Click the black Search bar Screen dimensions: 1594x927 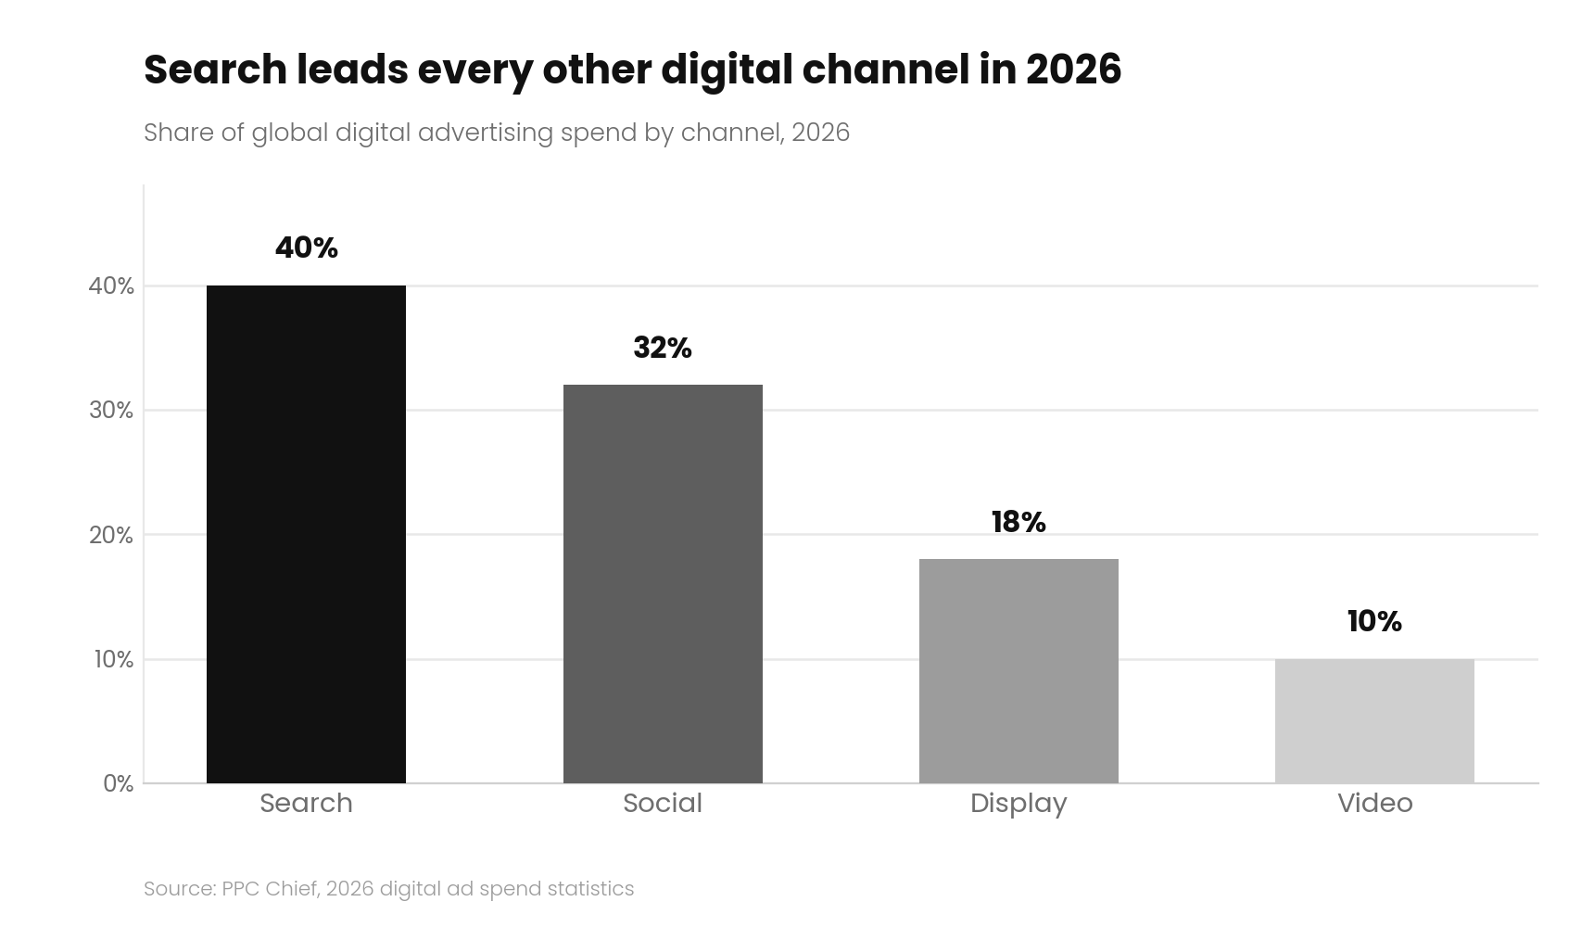pyautogui.click(x=306, y=534)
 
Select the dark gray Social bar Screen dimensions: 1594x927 pyautogui.click(x=663, y=584)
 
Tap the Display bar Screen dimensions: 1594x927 pyautogui.click(x=1018, y=671)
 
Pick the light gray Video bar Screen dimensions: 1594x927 pyautogui.click(x=1374, y=721)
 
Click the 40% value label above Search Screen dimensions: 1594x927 pyautogui.click(x=307, y=248)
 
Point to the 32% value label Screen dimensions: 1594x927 pyautogui.click(x=663, y=348)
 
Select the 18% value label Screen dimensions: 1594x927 pyautogui.click(x=1018, y=522)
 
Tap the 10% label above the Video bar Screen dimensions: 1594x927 pyautogui.click(x=1374, y=621)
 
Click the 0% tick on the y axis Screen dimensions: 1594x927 pyautogui.click(x=119, y=784)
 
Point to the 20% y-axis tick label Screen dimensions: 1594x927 pyautogui.click(x=111, y=535)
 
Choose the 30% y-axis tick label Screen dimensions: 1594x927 pyautogui.click(x=111, y=411)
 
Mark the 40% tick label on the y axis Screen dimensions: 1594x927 pyautogui.click(x=111, y=286)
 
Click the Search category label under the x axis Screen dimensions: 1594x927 pyautogui.click(x=306, y=803)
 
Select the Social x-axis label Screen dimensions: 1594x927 pyautogui.click(x=663, y=803)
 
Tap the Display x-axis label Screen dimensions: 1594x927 pyautogui.click(x=1018, y=804)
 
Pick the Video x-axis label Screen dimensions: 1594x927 pyautogui.click(x=1374, y=803)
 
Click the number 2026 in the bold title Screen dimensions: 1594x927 pyautogui.click(x=1073, y=70)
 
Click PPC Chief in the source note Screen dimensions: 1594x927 pyautogui.click(x=271, y=888)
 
